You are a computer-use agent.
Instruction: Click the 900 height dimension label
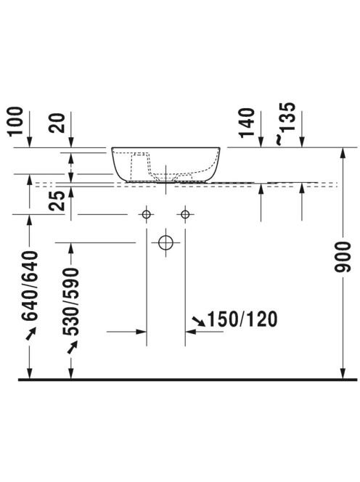click(x=343, y=257)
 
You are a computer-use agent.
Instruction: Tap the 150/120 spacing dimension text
click(x=242, y=319)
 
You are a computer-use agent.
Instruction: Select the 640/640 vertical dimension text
click(x=30, y=286)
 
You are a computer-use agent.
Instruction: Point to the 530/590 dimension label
click(x=70, y=301)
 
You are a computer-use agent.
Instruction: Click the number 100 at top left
click(x=15, y=121)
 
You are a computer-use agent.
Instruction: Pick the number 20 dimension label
click(x=57, y=123)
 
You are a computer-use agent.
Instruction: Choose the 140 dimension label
click(x=247, y=123)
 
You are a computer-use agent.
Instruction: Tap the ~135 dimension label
click(x=285, y=123)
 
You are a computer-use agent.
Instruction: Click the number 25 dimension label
click(x=57, y=201)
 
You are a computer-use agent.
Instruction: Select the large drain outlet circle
click(x=165, y=242)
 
